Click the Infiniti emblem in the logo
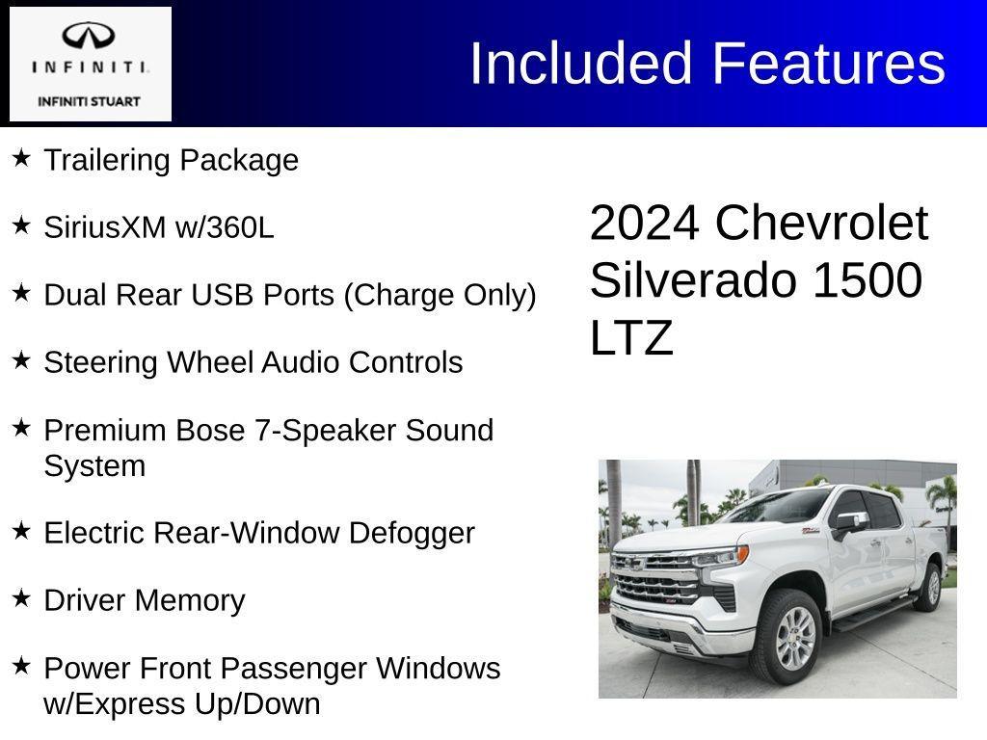(90, 37)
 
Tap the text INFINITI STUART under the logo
(90, 101)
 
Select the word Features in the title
(828, 64)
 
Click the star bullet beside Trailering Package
(21, 157)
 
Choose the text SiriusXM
(105, 227)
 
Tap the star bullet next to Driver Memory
(21, 597)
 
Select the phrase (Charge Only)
(440, 295)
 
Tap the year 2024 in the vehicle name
(644, 224)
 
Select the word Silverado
(694, 280)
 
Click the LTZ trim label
(631, 338)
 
